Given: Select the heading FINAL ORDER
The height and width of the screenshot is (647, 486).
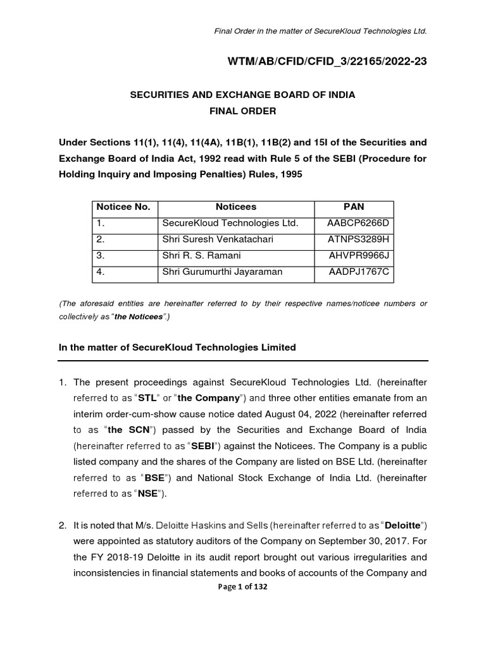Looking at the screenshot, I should point(242,111).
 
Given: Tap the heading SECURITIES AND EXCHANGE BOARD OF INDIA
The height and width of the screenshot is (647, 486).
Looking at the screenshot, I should point(242,95).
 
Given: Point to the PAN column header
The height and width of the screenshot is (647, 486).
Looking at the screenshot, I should point(354,207).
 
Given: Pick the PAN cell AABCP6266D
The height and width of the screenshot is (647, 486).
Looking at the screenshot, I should point(358,223).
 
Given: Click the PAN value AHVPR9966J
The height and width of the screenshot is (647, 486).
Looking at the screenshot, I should point(358,256).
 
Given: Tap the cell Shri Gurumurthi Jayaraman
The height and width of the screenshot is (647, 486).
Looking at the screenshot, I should point(213,272).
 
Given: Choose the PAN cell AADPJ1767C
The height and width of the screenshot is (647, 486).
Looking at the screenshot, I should point(358,272).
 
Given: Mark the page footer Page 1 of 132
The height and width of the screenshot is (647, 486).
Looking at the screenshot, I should point(243,586).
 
